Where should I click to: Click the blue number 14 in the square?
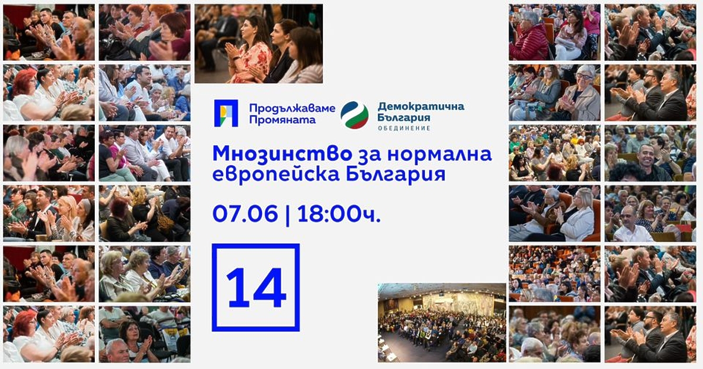(x=256, y=288)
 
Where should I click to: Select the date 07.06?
(x=245, y=214)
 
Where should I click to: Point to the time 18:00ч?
(x=339, y=214)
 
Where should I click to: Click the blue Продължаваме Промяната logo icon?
(x=226, y=114)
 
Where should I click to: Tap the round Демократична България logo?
(x=354, y=115)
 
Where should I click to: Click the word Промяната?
(x=282, y=120)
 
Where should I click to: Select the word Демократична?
(x=421, y=106)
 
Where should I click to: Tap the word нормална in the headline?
(x=447, y=154)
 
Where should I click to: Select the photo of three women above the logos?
(x=258, y=44)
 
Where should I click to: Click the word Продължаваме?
(x=292, y=108)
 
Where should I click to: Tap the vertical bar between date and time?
(x=287, y=214)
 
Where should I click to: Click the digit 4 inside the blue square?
(x=269, y=288)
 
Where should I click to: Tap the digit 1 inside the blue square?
(x=238, y=288)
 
